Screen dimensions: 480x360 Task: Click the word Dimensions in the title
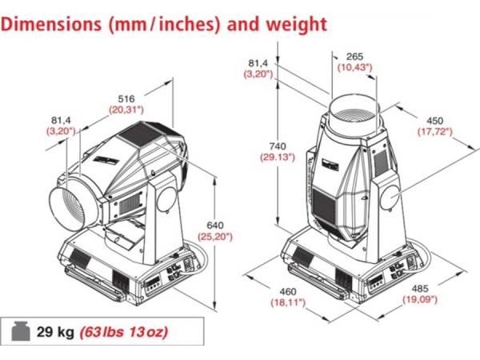[x=51, y=23]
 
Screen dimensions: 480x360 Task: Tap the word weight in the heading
[x=297, y=25]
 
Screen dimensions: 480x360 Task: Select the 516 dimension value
[x=126, y=98]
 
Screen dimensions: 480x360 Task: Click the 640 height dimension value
[x=215, y=226]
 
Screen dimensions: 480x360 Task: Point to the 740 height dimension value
[x=278, y=146]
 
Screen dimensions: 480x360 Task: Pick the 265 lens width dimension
[x=354, y=56]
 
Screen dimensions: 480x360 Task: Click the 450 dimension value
[x=434, y=121]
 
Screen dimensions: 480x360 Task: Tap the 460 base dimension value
[x=288, y=291]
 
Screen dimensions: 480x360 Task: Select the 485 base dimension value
[x=420, y=288]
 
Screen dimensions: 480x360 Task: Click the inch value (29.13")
[x=278, y=158]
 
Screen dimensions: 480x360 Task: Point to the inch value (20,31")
[x=126, y=110]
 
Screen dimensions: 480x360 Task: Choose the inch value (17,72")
[x=435, y=132]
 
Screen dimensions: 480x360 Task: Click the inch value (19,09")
[x=420, y=299]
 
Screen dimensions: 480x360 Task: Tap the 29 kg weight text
[x=55, y=332]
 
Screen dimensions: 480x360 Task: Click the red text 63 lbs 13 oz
[x=124, y=332]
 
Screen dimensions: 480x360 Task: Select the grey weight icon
[x=21, y=331]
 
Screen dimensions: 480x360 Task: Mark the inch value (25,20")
[x=215, y=237]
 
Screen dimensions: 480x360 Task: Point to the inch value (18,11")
[x=288, y=302]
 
